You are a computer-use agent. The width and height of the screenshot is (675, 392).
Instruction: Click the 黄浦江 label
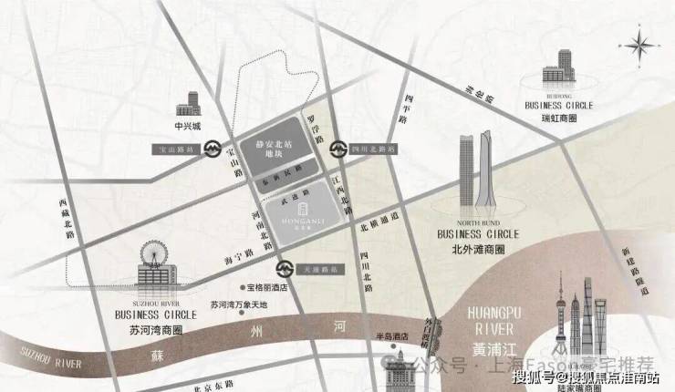click(493, 347)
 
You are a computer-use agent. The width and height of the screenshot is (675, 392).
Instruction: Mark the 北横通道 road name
click(379, 219)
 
